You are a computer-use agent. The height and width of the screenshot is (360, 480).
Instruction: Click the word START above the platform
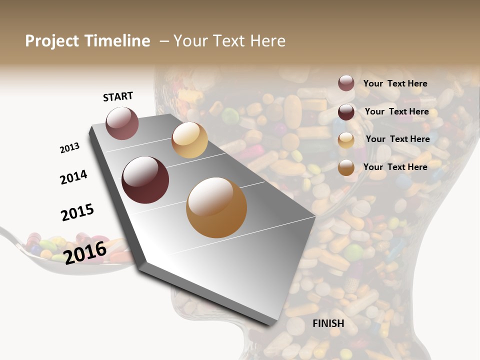pos(118,96)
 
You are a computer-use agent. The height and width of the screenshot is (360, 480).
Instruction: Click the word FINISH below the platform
pos(328,323)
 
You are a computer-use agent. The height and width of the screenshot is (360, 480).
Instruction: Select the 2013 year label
pos(69,148)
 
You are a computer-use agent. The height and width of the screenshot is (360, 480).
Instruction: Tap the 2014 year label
pos(73,177)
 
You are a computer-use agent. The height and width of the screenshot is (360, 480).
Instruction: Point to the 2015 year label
pos(77,212)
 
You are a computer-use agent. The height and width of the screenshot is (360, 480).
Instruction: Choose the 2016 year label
pos(85,252)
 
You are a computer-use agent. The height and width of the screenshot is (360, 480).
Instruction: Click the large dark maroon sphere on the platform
pos(145,180)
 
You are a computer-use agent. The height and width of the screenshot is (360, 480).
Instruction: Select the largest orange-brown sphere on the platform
pos(216,207)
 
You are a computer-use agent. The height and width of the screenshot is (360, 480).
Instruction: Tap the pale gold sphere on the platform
pos(189,140)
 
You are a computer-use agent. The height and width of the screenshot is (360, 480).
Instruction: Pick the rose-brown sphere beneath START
pos(122,123)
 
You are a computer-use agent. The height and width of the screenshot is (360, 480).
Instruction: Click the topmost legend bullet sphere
pos(346,83)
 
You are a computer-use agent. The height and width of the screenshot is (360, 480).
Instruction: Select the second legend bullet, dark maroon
pos(346,112)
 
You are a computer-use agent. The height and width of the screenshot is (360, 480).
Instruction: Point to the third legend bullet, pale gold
pos(346,140)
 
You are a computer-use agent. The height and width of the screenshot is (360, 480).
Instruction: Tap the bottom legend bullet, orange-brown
pos(346,167)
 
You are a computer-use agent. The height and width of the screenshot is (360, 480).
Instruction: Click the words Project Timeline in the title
pos(87,41)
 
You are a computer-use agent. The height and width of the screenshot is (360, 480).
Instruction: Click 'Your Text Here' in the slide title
pos(229,41)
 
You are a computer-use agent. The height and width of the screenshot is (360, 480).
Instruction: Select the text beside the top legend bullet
pos(395,83)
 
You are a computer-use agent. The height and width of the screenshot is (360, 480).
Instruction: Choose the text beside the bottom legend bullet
pos(395,167)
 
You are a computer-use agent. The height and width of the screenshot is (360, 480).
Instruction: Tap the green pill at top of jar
pos(230,116)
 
